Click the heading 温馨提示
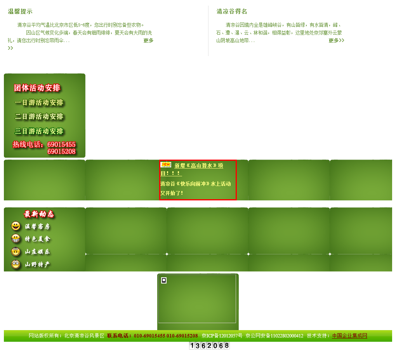(x=20, y=12)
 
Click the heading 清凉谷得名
(x=232, y=12)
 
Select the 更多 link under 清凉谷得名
(x=336, y=40)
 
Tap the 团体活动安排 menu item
(x=37, y=88)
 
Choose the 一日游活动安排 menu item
(x=39, y=103)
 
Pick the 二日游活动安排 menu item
(x=39, y=117)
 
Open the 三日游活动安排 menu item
(x=39, y=131)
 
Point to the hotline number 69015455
(x=61, y=144)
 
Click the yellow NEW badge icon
(x=166, y=165)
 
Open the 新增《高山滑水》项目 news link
(x=198, y=166)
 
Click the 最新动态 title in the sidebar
(x=39, y=214)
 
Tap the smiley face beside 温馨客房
(x=16, y=226)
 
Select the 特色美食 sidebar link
(x=38, y=239)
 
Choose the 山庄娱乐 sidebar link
(x=38, y=252)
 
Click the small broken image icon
(x=164, y=280)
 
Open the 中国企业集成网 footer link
(x=349, y=336)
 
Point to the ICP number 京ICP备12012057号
(x=222, y=336)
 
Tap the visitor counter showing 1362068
(x=209, y=346)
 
